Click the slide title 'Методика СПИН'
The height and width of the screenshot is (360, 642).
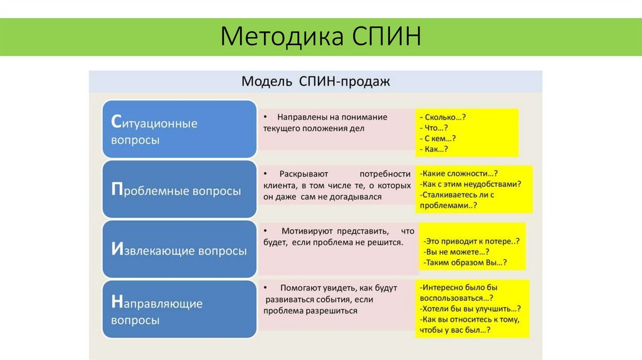pos(320,36)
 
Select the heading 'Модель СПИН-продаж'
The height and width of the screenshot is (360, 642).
pos(315,82)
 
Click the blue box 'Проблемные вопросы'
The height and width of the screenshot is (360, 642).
pos(179,191)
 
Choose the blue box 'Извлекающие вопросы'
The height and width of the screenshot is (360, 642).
pos(179,250)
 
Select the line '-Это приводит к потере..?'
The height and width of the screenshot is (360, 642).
pos(471,241)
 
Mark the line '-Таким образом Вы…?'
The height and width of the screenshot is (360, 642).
pos(465,262)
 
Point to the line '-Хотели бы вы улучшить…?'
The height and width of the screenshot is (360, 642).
pos(470,309)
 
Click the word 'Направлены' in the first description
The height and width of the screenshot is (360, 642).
pos(299,117)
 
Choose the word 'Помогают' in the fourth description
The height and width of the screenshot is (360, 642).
pos(301,288)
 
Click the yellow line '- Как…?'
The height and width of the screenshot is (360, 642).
pos(436,149)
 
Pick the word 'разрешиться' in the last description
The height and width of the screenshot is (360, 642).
pos(332,310)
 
